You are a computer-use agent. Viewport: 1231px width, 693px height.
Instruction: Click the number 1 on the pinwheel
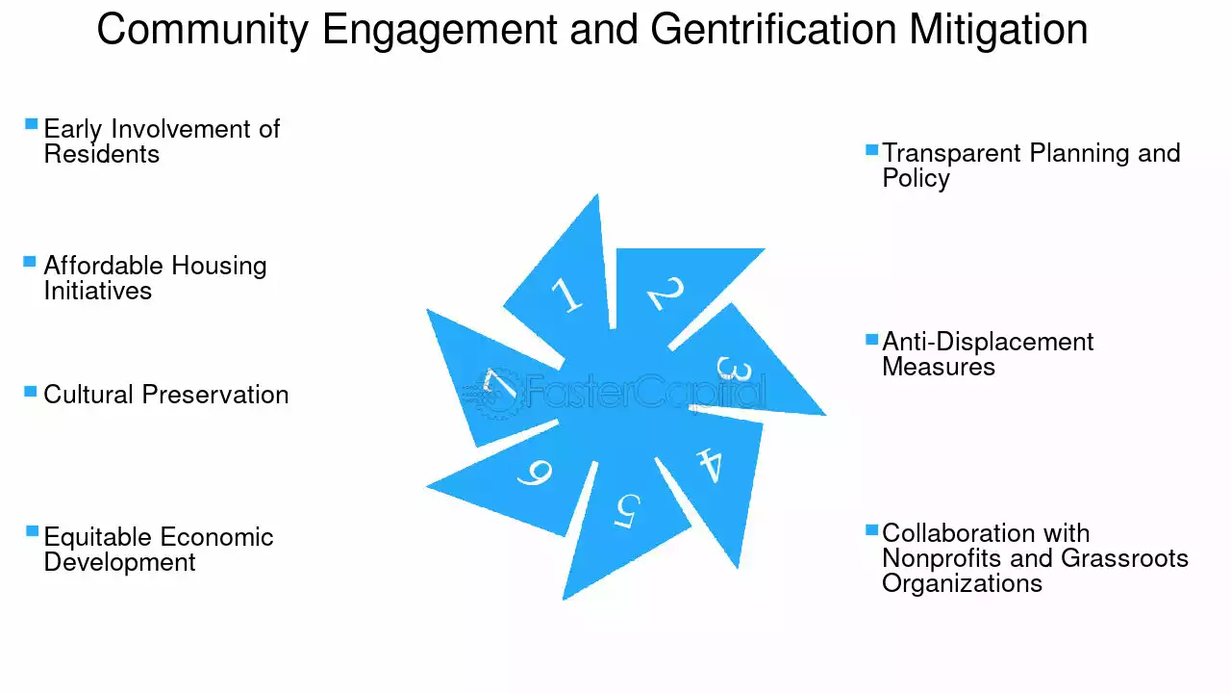(566, 295)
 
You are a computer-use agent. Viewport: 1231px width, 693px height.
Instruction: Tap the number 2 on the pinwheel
(666, 293)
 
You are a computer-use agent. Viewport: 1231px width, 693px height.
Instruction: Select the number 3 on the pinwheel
(733, 369)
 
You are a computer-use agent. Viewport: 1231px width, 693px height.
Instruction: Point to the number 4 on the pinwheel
(710, 465)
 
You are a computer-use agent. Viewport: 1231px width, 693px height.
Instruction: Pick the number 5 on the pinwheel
(627, 511)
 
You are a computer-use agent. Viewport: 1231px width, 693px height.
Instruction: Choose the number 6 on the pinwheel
(535, 473)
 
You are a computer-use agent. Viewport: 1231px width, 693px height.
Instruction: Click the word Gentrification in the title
(773, 30)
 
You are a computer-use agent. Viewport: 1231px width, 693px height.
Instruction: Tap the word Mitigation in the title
(998, 30)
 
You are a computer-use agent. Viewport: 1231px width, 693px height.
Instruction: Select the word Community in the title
(203, 31)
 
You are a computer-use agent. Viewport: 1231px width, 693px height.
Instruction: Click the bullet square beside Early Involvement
(32, 124)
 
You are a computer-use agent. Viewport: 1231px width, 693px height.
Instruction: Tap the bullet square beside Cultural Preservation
(30, 392)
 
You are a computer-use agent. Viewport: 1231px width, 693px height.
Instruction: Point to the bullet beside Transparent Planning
(871, 149)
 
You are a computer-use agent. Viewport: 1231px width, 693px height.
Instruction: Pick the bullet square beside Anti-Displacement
(871, 339)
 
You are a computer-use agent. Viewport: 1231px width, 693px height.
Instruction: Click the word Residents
(102, 154)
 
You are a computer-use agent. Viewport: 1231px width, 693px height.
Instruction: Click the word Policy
(917, 179)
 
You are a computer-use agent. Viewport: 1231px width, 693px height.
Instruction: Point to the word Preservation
(215, 395)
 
